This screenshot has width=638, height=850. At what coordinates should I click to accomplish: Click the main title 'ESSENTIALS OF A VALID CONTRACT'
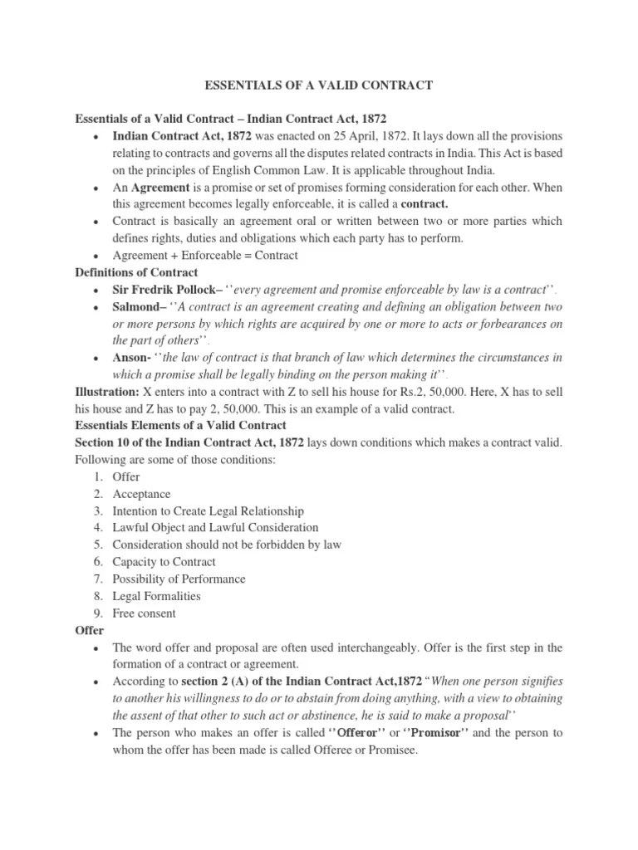coord(319,85)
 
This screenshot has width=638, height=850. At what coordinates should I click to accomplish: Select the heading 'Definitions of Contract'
coord(136,272)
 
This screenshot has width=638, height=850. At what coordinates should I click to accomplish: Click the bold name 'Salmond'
coord(138,307)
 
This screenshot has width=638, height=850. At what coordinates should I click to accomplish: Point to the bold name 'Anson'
coord(130,358)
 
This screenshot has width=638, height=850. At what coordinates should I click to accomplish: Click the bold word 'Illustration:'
coord(107,391)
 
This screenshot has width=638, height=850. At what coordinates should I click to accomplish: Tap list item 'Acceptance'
coord(142,494)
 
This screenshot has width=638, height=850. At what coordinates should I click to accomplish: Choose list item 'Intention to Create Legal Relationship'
coord(208,510)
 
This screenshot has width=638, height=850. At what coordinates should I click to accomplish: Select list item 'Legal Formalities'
coord(156,596)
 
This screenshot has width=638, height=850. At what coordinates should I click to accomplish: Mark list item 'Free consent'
coord(144,613)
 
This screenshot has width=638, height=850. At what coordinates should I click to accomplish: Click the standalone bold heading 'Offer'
coord(89,630)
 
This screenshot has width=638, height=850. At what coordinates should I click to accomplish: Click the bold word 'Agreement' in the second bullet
coord(164,188)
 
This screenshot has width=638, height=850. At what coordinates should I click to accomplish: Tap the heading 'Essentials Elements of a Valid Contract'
coord(180,425)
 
